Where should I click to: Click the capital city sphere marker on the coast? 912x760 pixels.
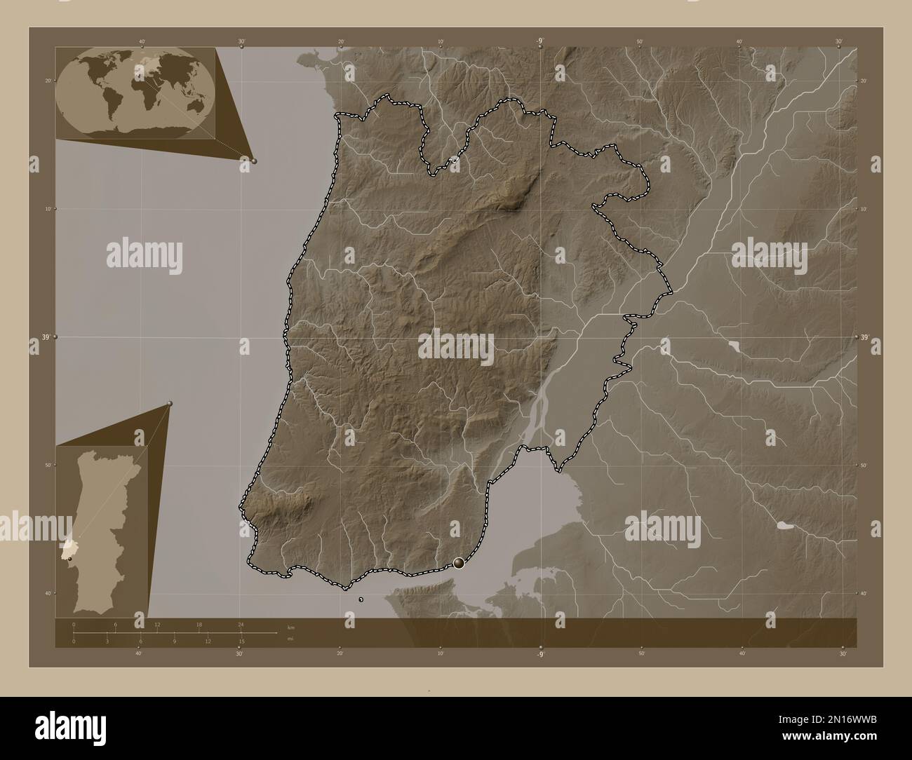point(459,562)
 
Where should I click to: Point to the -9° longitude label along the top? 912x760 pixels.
point(540,41)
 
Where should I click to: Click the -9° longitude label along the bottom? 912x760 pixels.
point(540,654)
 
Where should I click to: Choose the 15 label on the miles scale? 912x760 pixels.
point(241,641)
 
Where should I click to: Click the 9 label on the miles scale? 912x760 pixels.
point(174,641)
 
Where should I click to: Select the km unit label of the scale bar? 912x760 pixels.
point(291,626)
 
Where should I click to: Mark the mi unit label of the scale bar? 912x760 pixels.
point(290,639)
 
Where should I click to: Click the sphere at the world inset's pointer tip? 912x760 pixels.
point(254,161)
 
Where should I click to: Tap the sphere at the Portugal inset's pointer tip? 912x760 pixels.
point(170,403)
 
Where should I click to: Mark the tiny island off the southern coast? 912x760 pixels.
point(361,599)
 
